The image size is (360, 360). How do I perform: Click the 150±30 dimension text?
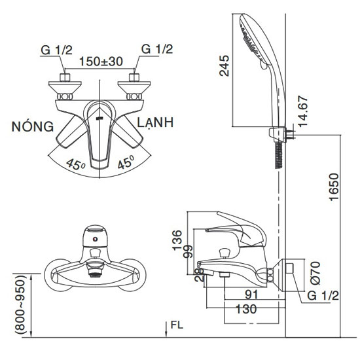pyautogui.click(x=101, y=62)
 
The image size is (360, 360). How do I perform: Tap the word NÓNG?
pyautogui.click(x=33, y=126)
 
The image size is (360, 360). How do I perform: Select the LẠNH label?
pyautogui.click(x=155, y=122)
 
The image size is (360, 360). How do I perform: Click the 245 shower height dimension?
pyautogui.click(x=225, y=65)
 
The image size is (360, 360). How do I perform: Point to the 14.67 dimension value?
pyautogui.click(x=302, y=111)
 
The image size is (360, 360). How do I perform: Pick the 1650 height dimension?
pyautogui.click(x=334, y=187)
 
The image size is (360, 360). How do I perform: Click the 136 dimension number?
pyautogui.click(x=177, y=240)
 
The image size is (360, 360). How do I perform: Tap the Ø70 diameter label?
pyautogui.click(x=315, y=273)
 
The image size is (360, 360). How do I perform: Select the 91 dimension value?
pyautogui.click(x=251, y=295)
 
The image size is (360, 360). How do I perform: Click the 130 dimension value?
pyautogui.click(x=246, y=309)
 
